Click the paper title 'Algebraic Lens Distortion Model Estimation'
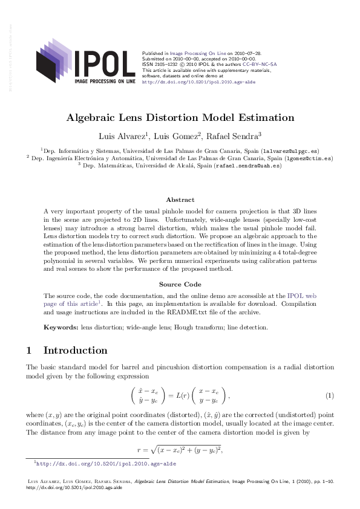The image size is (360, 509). pyautogui.click(x=180, y=117)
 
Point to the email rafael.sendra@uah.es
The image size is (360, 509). pyautogui.click(x=248, y=165)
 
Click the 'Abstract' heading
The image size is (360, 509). pyautogui.click(x=180, y=199)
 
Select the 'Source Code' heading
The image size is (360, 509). pyautogui.click(x=180, y=284)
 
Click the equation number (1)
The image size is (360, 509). pyautogui.click(x=330, y=396)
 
